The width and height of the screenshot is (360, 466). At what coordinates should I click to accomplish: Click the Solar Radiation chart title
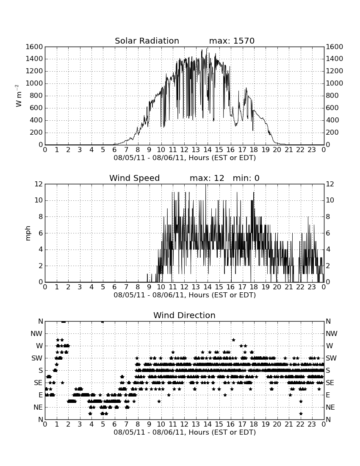[147, 41]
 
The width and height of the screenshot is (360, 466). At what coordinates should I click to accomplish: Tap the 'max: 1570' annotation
[232, 41]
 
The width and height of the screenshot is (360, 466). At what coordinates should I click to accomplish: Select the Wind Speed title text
[135, 178]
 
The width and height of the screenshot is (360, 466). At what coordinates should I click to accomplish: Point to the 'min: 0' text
[246, 178]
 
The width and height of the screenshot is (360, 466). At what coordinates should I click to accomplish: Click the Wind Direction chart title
[185, 315]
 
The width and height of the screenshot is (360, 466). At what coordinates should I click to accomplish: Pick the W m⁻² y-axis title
[18, 96]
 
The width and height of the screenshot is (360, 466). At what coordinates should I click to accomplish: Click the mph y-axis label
[28, 233]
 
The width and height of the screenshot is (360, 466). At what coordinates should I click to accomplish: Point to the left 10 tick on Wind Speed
[39, 200]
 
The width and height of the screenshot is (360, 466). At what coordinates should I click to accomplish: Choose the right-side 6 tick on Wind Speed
[328, 233]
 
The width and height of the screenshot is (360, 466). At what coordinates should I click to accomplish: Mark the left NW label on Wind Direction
[37, 334]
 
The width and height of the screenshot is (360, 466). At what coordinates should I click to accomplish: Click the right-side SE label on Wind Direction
[330, 383]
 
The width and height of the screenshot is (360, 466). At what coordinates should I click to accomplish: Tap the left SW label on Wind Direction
[37, 358]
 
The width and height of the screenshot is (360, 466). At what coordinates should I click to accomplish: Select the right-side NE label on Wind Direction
[330, 407]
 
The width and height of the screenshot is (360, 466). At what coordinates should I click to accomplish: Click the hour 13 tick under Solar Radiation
[196, 150]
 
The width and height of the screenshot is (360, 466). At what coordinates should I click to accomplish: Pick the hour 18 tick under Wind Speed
[254, 287]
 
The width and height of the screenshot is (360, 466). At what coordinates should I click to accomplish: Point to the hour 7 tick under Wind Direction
[126, 424]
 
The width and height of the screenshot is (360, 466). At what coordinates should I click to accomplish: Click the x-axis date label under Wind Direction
[185, 432]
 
